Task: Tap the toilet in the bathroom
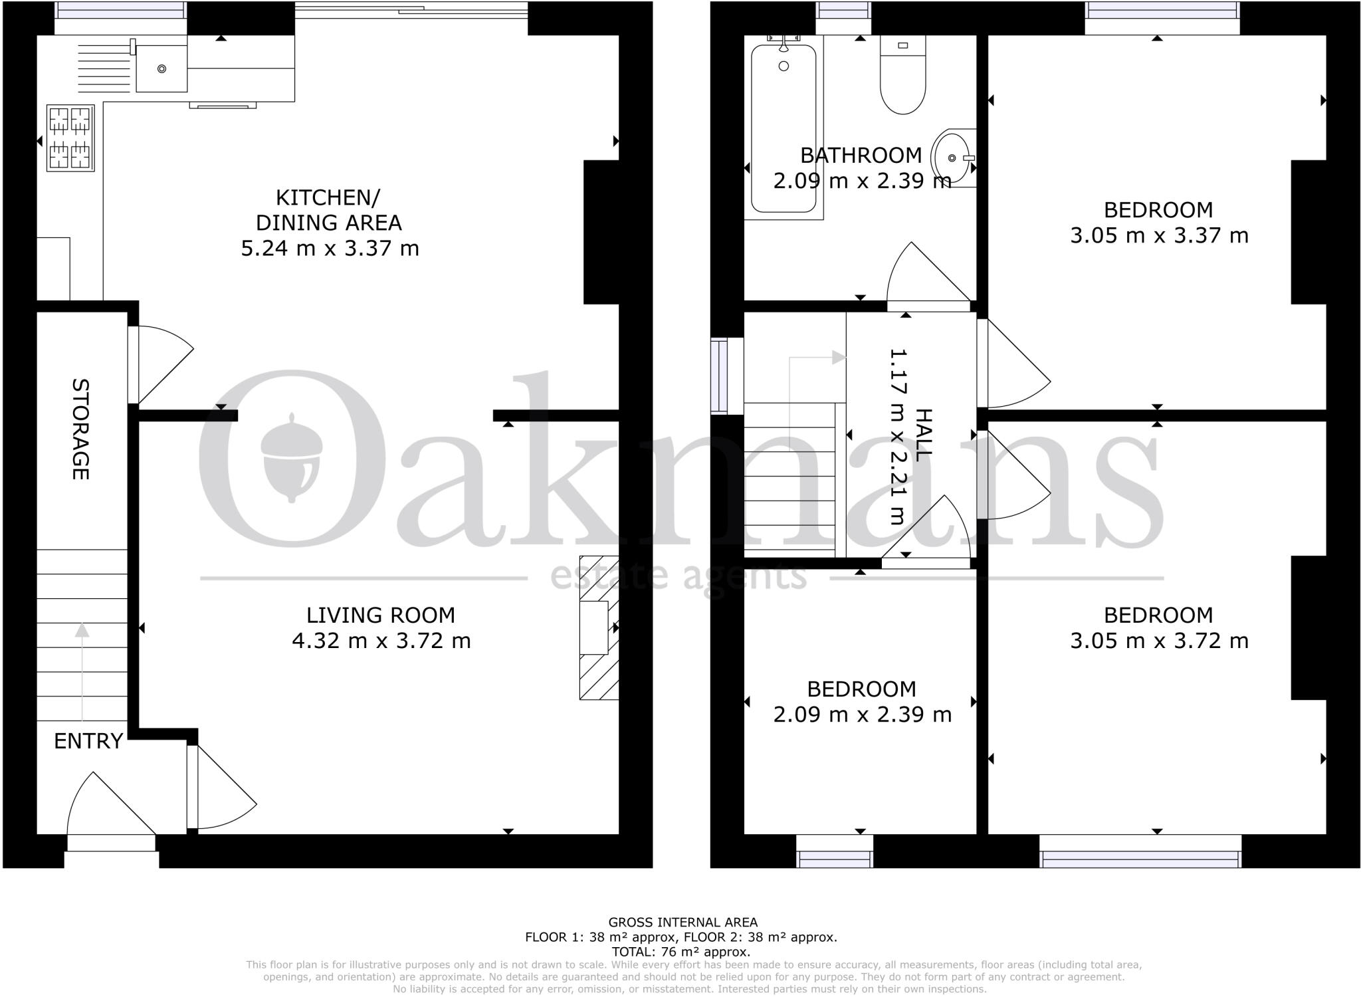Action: point(902,74)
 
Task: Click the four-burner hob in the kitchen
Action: point(69,138)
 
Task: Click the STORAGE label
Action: point(80,429)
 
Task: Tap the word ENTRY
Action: point(88,740)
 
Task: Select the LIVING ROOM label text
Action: point(381,615)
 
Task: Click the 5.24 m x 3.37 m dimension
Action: point(330,249)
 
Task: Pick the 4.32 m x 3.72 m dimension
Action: point(381,641)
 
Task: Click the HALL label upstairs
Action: point(924,435)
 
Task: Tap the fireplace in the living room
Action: point(598,627)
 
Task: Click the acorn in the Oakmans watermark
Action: point(292,459)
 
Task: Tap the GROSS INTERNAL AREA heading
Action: point(682,922)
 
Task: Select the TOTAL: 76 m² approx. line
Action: point(680,951)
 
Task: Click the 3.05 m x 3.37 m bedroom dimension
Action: point(1159,235)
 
